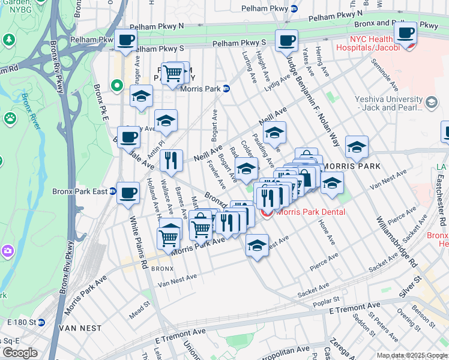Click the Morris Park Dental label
[x=310, y=212]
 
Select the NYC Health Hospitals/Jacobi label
[x=375, y=43]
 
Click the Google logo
[x=20, y=352]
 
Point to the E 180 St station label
[x=22, y=322]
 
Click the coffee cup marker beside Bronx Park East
[x=128, y=193]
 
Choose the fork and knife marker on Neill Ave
[x=172, y=160]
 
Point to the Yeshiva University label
[x=388, y=104]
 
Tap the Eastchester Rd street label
[x=440, y=204]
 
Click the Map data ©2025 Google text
[x=411, y=355]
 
